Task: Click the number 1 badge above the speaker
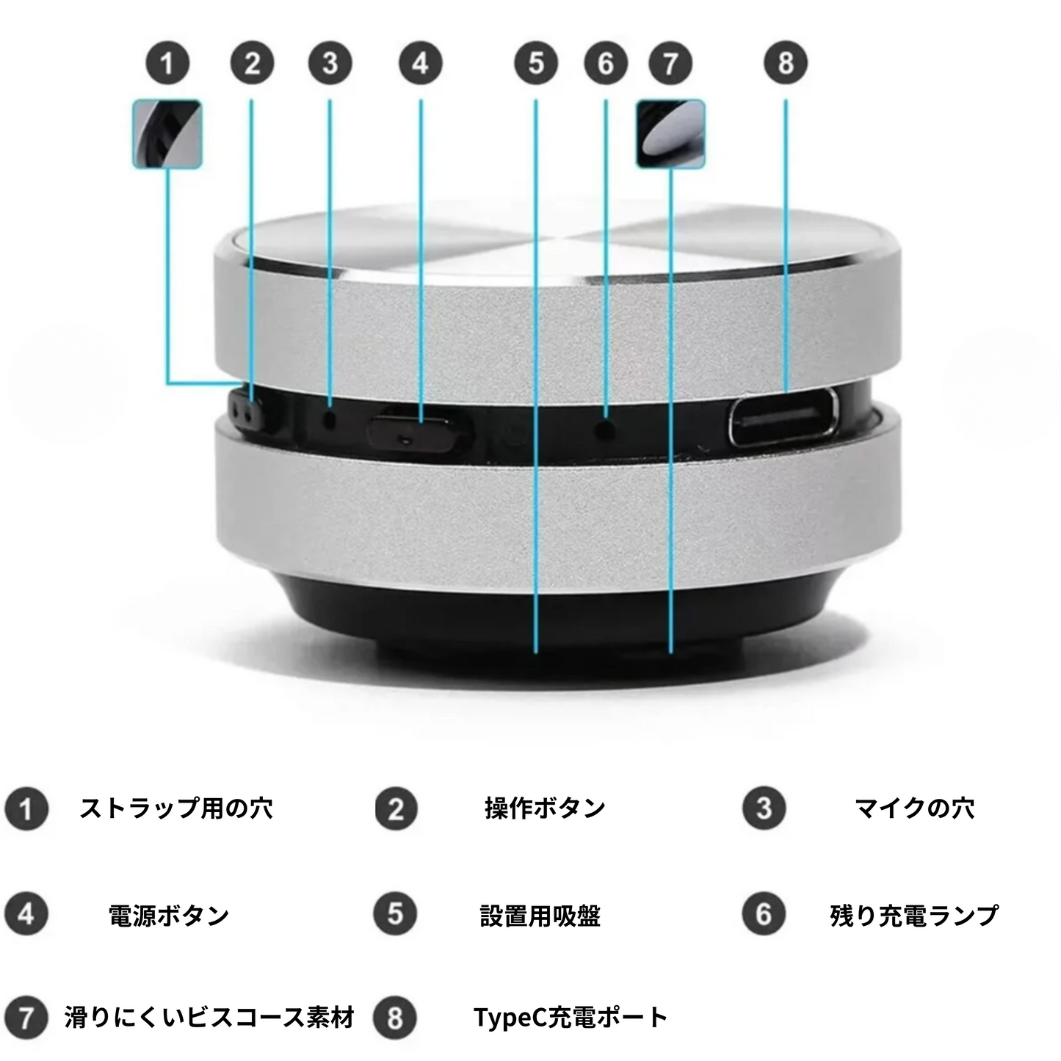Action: [167, 63]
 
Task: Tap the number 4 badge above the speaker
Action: [421, 63]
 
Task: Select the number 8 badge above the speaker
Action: [786, 62]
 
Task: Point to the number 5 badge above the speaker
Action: [536, 63]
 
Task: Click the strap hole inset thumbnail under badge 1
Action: [167, 134]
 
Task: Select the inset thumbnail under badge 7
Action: [670, 134]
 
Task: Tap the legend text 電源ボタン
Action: [168, 916]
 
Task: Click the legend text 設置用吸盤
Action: [540, 916]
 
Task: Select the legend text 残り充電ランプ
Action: [914, 916]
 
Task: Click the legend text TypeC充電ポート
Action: [571, 1018]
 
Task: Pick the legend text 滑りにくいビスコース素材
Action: [209, 1018]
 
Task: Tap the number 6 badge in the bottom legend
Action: [764, 915]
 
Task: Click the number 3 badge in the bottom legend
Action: [764, 808]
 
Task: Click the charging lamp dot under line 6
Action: [606, 428]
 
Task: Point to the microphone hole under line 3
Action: [330, 419]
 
